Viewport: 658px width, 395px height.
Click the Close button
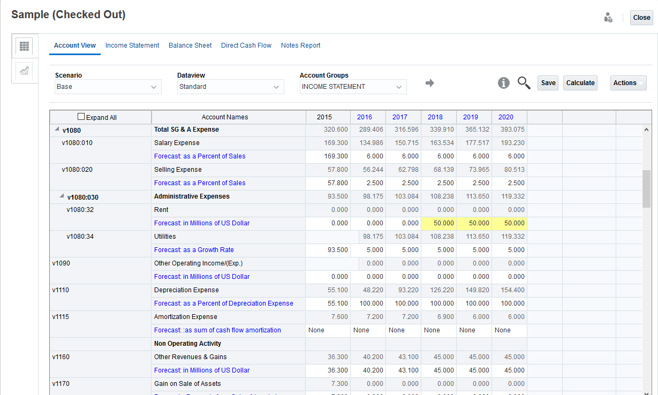pos(641,18)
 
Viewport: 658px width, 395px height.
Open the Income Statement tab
pos(132,45)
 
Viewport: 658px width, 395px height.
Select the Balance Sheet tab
pos(190,45)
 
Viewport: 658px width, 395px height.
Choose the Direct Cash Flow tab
pos(246,45)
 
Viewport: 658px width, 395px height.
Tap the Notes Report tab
pos(300,45)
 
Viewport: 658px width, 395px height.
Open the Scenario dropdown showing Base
pos(108,87)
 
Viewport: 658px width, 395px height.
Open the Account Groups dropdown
pos(353,87)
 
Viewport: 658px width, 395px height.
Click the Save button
pos(548,83)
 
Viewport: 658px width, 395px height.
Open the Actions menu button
pos(628,83)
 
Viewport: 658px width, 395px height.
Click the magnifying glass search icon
pos(524,83)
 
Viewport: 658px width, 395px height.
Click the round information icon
pos(503,83)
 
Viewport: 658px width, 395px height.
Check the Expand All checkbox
pos(81,117)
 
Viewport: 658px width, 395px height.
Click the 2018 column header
pos(435,117)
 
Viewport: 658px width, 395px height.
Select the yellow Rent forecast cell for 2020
pos(509,223)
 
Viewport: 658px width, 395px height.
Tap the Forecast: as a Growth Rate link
pos(194,250)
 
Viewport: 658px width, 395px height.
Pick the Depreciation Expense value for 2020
pos(509,290)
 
